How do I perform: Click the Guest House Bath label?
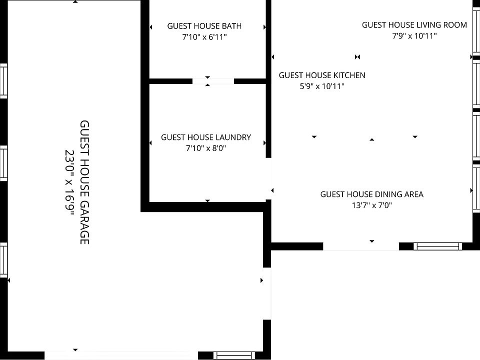pyautogui.click(x=204, y=26)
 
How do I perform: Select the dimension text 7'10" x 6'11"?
pyautogui.click(x=204, y=37)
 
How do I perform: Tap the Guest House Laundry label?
pyautogui.click(x=206, y=137)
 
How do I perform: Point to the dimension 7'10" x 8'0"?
pyautogui.click(x=206, y=148)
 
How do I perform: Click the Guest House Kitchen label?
pyautogui.click(x=322, y=75)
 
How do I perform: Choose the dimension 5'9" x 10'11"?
pyautogui.click(x=322, y=86)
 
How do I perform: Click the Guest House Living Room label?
pyautogui.click(x=414, y=25)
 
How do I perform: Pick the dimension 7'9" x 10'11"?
pyautogui.click(x=414, y=36)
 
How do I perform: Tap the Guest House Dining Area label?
pyautogui.click(x=372, y=194)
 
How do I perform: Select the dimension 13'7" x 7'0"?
pyautogui.click(x=372, y=205)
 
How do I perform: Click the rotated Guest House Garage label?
pyautogui.click(x=84, y=182)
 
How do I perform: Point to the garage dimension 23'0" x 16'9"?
pyautogui.click(x=70, y=182)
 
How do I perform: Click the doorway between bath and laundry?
pyautogui.click(x=213, y=81)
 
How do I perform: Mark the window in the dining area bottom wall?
pyautogui.click(x=438, y=246)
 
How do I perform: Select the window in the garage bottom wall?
pyautogui.click(x=234, y=355)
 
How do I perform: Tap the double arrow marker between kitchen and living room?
pyautogui.click(x=357, y=57)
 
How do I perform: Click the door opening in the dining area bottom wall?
pyautogui.click(x=361, y=246)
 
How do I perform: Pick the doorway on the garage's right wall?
pyautogui.click(x=267, y=293)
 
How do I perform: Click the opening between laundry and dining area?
pyautogui.click(x=268, y=179)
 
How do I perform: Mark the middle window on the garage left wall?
pyautogui.click(x=3, y=163)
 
